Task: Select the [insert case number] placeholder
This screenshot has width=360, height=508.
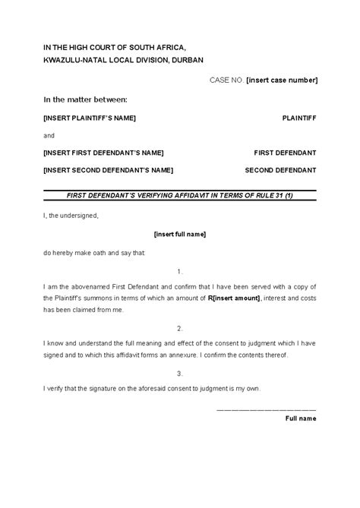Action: (x=282, y=79)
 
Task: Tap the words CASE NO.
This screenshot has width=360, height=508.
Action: (x=225, y=79)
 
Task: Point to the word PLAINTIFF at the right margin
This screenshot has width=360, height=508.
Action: (x=299, y=118)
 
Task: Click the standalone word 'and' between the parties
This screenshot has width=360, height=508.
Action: (x=49, y=136)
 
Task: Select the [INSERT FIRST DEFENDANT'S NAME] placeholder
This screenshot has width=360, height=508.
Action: (x=103, y=153)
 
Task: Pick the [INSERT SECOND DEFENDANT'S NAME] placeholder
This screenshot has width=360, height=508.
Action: (x=109, y=169)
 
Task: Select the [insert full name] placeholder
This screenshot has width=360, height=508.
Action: (x=180, y=235)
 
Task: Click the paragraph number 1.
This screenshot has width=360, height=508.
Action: (x=179, y=270)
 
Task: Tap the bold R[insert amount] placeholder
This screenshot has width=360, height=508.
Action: (x=228, y=298)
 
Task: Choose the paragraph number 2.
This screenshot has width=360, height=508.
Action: (x=179, y=328)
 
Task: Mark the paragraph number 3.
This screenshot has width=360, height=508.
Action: (x=179, y=373)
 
